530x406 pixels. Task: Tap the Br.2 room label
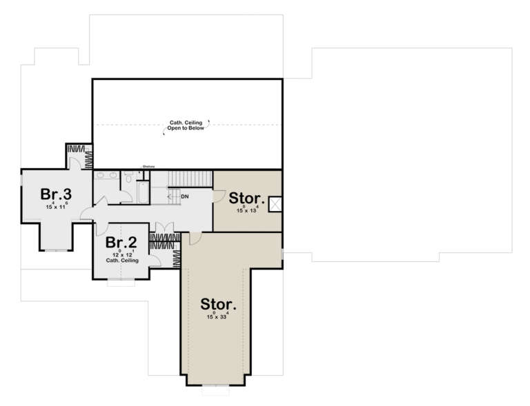pos(120,243)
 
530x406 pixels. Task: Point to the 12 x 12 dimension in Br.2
pos(121,255)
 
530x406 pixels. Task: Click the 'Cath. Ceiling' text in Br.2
pos(122,261)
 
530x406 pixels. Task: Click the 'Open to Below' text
pos(186,129)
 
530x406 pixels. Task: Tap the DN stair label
pos(184,197)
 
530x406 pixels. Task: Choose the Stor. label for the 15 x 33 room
pos(217,304)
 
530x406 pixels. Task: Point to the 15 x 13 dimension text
pos(246,210)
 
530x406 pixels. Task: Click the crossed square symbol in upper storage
pos(274,203)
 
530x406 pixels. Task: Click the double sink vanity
pos(106,176)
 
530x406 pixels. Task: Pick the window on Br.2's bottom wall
pos(121,281)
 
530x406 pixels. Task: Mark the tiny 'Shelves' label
pos(148,166)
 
